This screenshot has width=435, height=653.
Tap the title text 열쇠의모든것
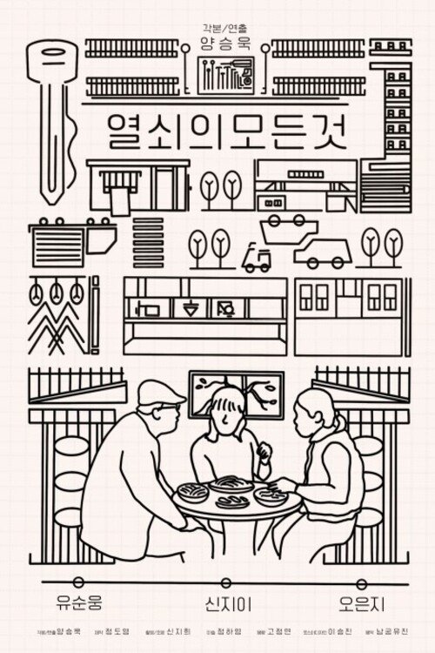pyautogui.click(x=217, y=132)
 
